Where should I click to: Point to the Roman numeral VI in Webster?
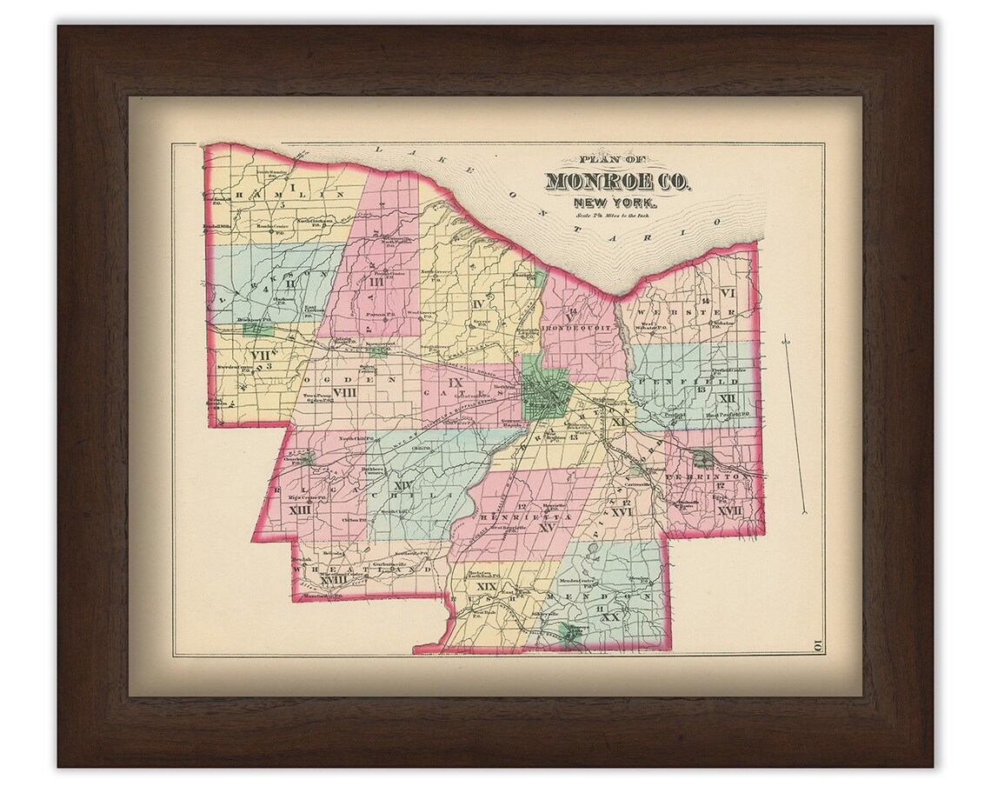pyautogui.click(x=727, y=293)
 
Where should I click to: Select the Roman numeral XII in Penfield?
pyautogui.click(x=728, y=398)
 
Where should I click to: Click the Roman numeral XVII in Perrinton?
pyautogui.click(x=729, y=511)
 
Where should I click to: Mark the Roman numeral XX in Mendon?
pyautogui.click(x=610, y=616)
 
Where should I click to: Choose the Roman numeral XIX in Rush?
pyautogui.click(x=487, y=588)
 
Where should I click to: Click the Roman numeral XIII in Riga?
pyautogui.click(x=300, y=510)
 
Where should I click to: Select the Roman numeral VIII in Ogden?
pyautogui.click(x=345, y=393)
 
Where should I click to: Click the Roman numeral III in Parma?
pyautogui.click(x=376, y=283)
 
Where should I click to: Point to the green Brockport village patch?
pyautogui.click(x=256, y=329)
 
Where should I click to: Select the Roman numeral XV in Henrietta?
pyautogui.click(x=547, y=527)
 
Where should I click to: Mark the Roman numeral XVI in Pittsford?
pyautogui.click(x=621, y=513)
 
